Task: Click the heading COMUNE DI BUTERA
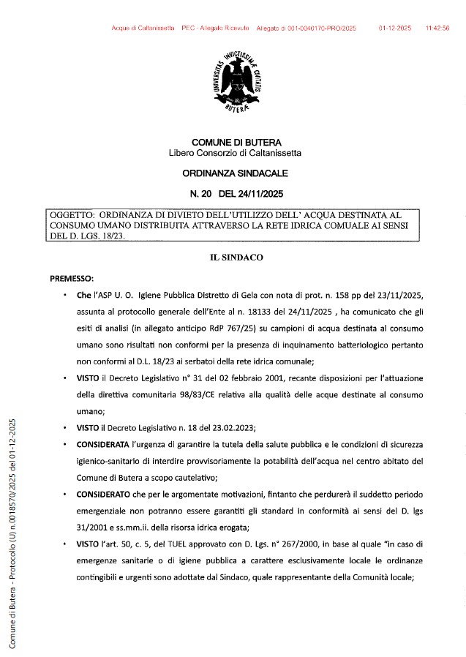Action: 236,142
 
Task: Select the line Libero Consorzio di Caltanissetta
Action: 235,153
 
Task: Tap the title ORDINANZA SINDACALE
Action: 235,173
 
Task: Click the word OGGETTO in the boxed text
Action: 69,215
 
